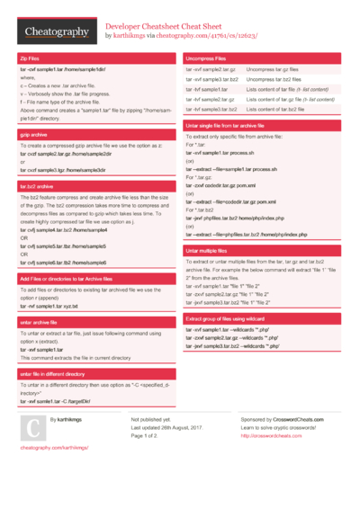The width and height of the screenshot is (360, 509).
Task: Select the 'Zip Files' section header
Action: (x=30, y=58)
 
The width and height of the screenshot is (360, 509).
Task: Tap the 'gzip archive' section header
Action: (x=33, y=133)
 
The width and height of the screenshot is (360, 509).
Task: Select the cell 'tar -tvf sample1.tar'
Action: (x=207, y=90)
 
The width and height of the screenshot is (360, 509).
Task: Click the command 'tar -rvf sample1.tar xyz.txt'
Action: (x=49, y=306)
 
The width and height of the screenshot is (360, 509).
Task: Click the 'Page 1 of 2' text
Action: (x=145, y=435)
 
